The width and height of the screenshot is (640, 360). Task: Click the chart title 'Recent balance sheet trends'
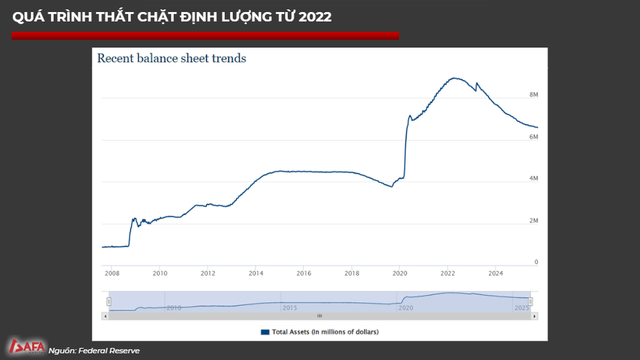tap(172, 58)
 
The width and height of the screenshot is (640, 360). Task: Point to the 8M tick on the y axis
tap(534, 95)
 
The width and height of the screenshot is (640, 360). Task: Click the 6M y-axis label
tap(534, 137)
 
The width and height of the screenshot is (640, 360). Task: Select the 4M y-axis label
tap(534, 179)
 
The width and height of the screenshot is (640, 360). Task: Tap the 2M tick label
tap(534, 221)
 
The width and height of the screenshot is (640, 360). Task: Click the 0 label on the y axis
tap(536, 262)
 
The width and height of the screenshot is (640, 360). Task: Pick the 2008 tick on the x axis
tap(111, 274)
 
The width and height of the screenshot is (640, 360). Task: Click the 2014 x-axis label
tap(256, 274)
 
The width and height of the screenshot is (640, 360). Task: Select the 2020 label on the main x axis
tap(400, 274)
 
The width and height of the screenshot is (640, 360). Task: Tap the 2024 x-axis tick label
tap(496, 274)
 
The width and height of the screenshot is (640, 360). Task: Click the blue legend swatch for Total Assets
tap(264, 332)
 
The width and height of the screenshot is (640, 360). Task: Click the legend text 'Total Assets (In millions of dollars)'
tap(325, 332)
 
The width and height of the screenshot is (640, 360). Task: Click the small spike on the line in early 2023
tap(476, 83)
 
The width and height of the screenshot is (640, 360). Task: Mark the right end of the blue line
tap(537, 127)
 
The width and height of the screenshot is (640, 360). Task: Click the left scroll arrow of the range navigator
tap(107, 315)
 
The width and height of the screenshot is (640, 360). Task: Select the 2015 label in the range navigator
tap(289, 308)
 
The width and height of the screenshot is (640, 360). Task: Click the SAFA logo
tap(27, 347)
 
